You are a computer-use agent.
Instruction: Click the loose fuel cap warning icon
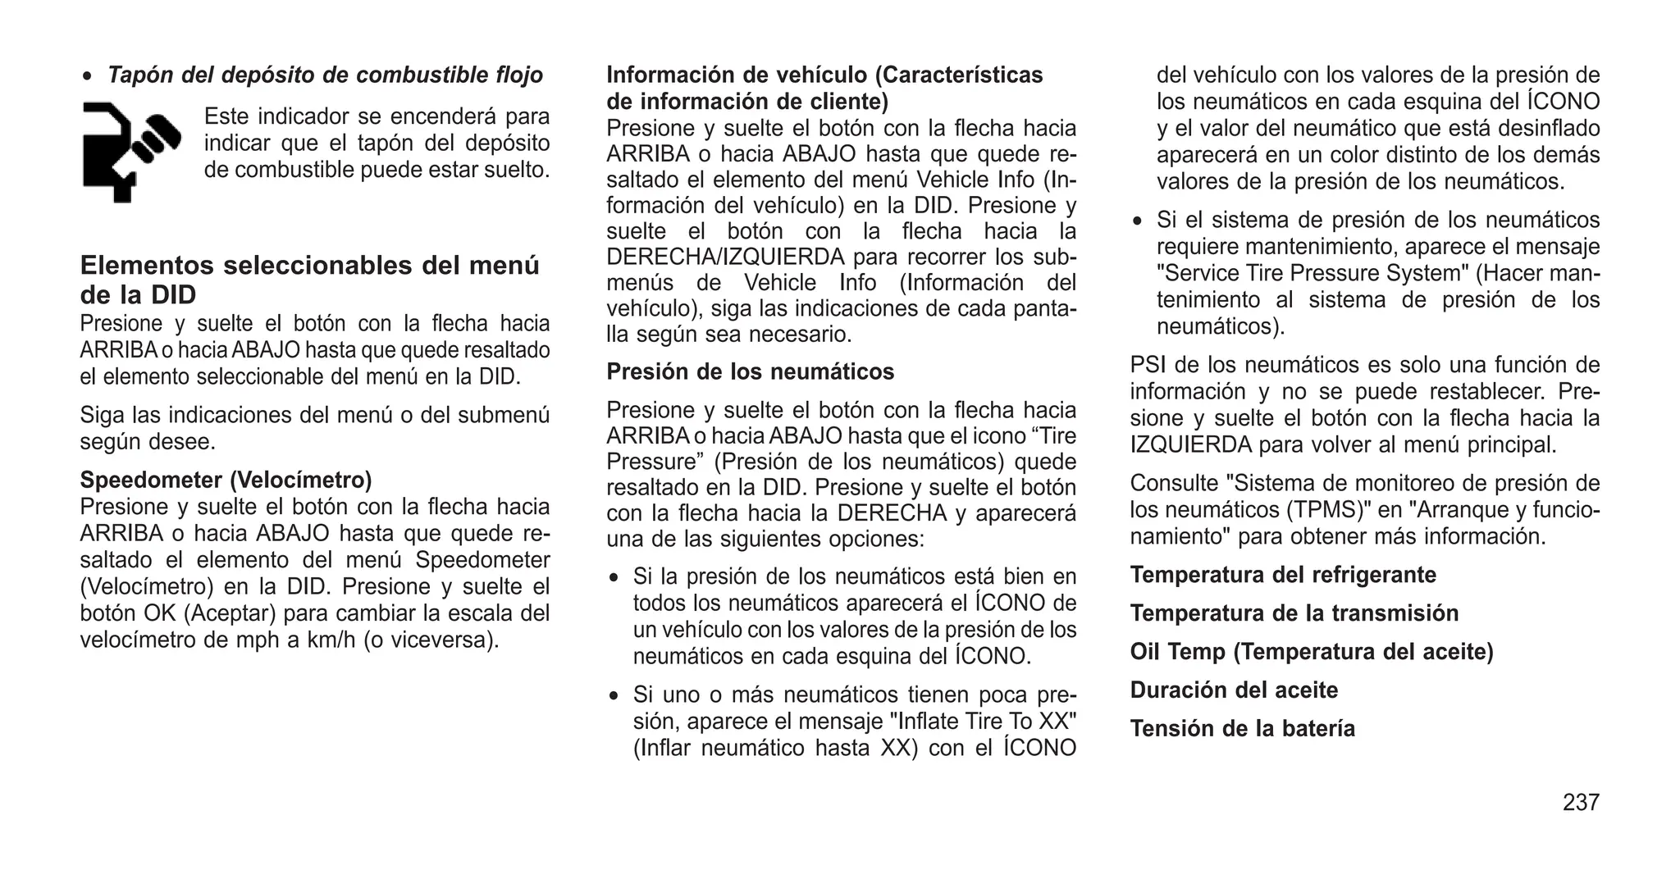[x=131, y=151]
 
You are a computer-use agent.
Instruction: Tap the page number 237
[x=1581, y=802]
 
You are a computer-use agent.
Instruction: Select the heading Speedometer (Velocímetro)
[x=226, y=480]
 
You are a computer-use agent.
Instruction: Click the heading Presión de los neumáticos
[x=750, y=371]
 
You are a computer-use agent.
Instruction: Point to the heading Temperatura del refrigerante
[x=1283, y=575]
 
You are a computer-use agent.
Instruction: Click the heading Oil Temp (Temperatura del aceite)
[x=1312, y=652]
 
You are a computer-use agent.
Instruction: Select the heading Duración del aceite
[x=1234, y=690]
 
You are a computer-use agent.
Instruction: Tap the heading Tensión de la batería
[x=1243, y=729]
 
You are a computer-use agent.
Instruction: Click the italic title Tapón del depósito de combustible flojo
[x=325, y=75]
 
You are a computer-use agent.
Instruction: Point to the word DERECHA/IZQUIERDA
[x=725, y=257]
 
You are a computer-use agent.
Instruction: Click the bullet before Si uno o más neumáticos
[x=614, y=696]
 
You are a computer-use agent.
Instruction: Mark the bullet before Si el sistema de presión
[x=1138, y=221]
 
